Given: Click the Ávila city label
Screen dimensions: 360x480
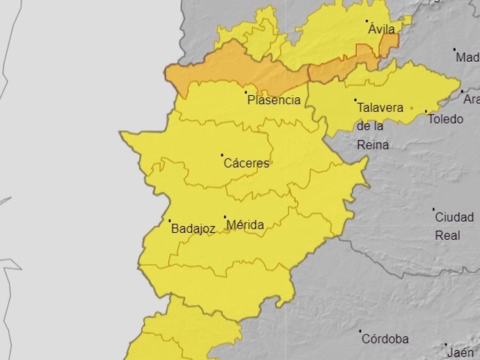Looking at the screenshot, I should tap(383, 29).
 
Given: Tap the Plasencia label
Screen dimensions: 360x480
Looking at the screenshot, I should tap(274, 100).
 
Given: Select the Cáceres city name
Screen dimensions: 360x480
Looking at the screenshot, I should tap(246, 164).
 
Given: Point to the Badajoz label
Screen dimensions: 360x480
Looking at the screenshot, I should tap(193, 229).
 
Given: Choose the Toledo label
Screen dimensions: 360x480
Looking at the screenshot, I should tap(445, 119).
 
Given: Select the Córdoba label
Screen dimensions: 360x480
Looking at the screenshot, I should tap(384, 339).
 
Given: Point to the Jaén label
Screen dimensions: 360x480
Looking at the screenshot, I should tap(461, 352).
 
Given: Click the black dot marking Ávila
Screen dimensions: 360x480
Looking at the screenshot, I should tap(368, 22).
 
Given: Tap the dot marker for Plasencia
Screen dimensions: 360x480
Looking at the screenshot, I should tap(246, 91).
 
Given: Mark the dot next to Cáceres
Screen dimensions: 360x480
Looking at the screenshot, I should tap(223, 155).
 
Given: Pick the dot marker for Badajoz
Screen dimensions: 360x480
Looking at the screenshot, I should tap(170, 221).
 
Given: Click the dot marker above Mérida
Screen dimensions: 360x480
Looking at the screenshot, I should tap(225, 217).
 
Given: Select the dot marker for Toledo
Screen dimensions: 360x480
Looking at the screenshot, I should tap(426, 111).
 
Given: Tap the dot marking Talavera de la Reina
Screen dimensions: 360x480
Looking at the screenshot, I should tap(355, 100).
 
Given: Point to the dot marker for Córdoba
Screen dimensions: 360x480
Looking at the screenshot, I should tap(360, 332).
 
